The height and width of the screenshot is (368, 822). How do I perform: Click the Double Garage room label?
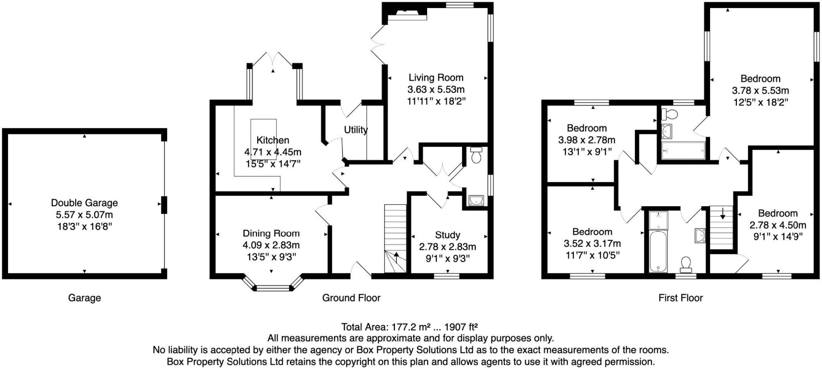point(84,203)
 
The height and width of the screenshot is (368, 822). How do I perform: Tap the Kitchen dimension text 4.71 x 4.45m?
point(273,152)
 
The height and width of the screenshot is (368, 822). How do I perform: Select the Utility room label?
point(356,130)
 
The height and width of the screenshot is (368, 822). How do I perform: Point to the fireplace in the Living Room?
point(405,15)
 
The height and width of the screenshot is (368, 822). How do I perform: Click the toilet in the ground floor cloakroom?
point(476,155)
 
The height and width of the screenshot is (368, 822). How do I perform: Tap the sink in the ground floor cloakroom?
point(476,200)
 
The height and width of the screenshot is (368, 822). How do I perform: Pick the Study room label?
point(448,235)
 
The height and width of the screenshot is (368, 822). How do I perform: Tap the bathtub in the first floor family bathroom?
point(658,251)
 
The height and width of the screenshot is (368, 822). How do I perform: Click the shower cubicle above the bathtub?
point(658,220)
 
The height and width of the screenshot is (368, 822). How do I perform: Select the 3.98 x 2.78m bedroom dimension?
point(586,140)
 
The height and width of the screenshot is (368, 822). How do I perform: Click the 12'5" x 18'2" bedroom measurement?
point(760,102)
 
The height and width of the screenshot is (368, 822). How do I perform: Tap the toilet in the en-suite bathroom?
point(669,114)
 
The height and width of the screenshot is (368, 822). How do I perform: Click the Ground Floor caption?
point(351,298)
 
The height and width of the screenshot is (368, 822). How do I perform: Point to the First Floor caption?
point(680,298)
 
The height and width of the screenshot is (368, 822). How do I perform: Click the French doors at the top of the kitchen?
point(273,59)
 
